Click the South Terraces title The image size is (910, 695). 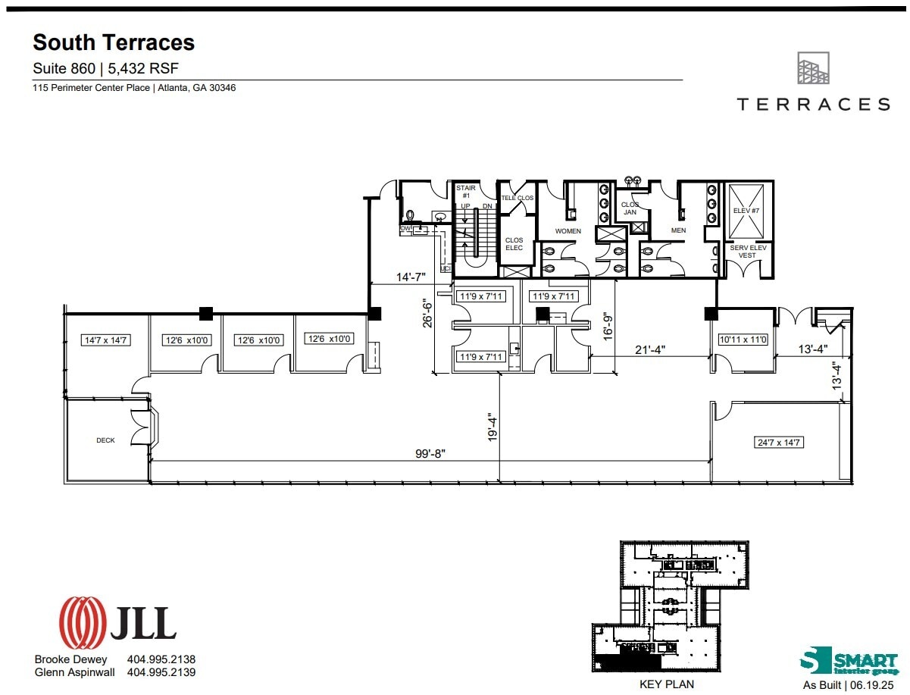tap(114, 42)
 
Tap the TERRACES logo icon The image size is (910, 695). tap(813, 68)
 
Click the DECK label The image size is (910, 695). tap(105, 440)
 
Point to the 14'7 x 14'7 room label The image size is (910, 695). tap(106, 340)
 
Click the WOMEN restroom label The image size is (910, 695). tap(568, 231)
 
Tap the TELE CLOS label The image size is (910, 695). tap(518, 198)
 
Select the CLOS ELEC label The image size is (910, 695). tap(514, 244)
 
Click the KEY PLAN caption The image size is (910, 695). tap(668, 684)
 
